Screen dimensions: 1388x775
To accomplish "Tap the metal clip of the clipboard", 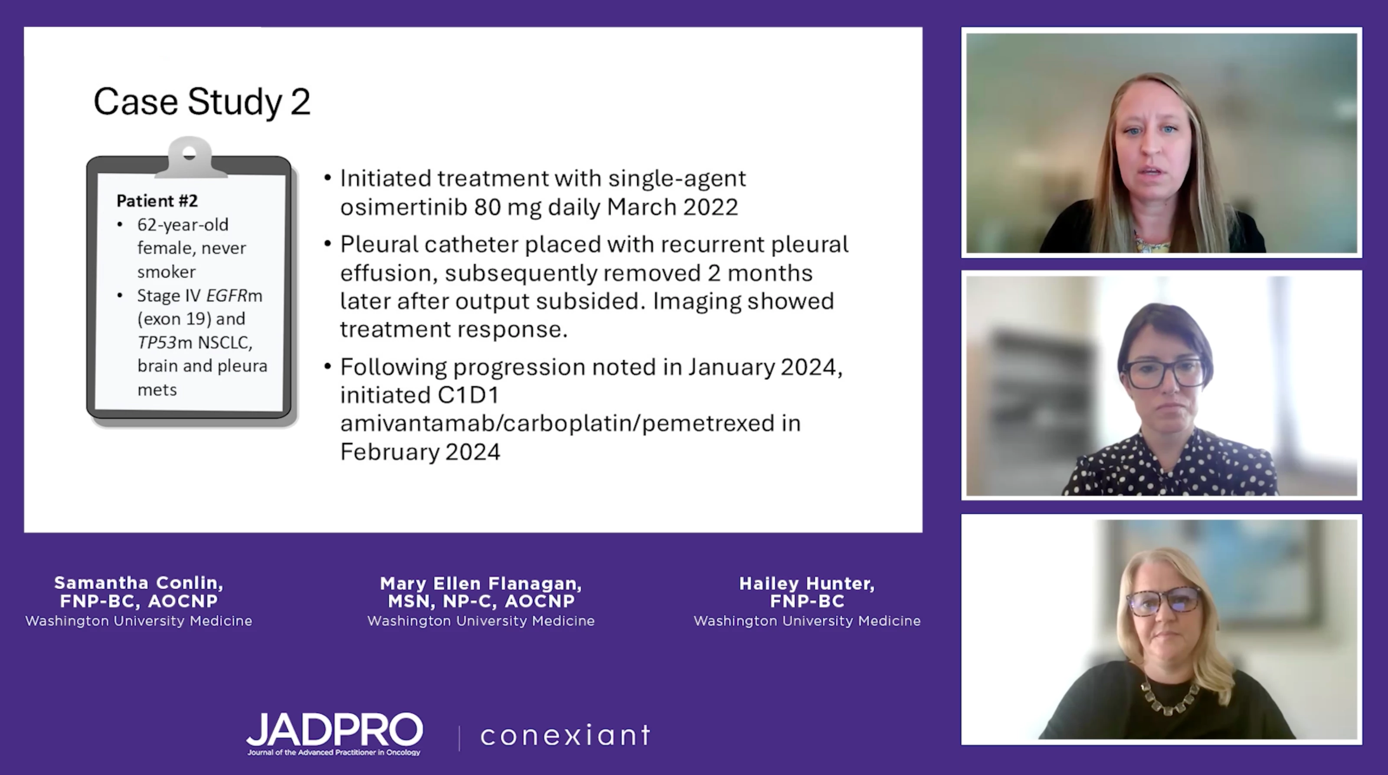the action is [189, 158].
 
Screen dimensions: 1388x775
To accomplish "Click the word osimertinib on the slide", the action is [403, 207].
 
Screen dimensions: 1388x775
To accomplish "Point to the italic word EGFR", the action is [227, 296].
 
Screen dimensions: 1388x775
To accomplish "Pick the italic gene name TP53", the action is [157, 342].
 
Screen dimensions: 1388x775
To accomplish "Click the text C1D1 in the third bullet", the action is [468, 395].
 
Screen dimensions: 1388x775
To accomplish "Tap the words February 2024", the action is [420, 452].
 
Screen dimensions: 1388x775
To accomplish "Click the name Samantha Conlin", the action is [138, 583].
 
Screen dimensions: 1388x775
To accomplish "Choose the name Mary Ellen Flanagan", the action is [481, 583].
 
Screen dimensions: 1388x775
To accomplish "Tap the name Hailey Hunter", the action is [807, 583].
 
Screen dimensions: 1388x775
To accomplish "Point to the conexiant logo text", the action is [566, 736].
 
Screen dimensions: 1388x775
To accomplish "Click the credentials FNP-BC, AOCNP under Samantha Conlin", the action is [138, 601].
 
